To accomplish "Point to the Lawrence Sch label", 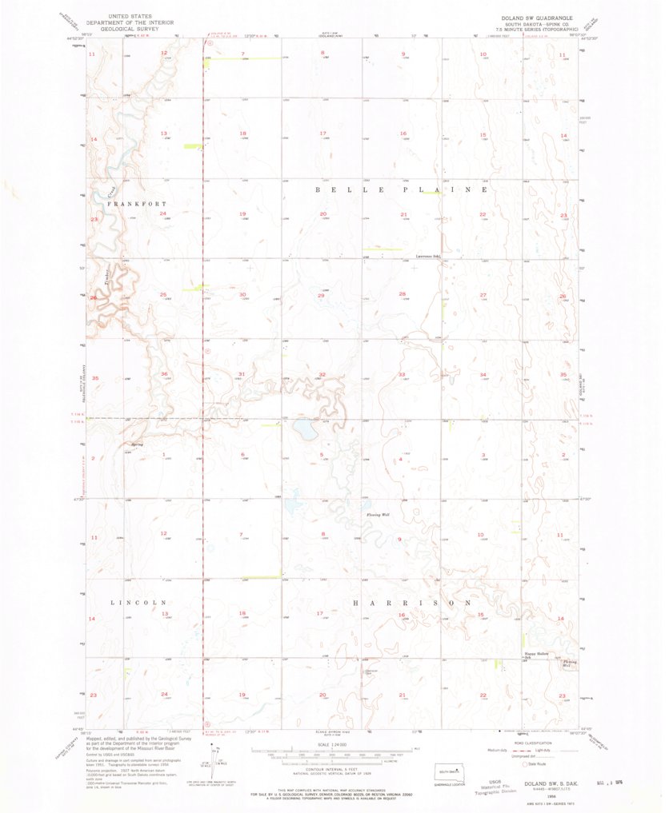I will click(428, 257).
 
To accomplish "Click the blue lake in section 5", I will click(305, 431).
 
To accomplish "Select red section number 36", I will click(164, 374).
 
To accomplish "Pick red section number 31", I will click(241, 374).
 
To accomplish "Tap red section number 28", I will click(403, 294).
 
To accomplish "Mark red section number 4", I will click(400, 459).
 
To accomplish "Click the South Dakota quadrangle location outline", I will click(446, 773).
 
